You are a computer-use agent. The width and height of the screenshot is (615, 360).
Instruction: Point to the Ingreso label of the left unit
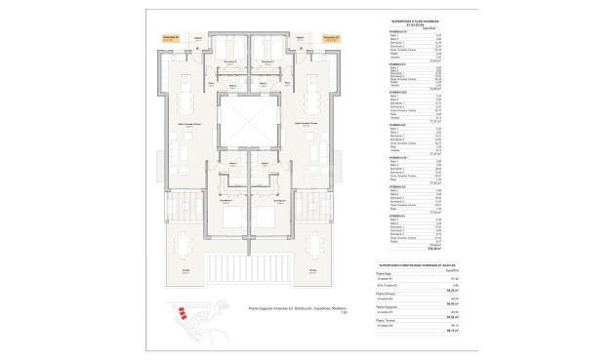point(198,38)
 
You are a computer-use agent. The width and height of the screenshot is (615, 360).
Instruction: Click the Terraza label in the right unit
point(314,271)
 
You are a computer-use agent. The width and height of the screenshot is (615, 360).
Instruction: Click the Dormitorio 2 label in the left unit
point(227,61)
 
